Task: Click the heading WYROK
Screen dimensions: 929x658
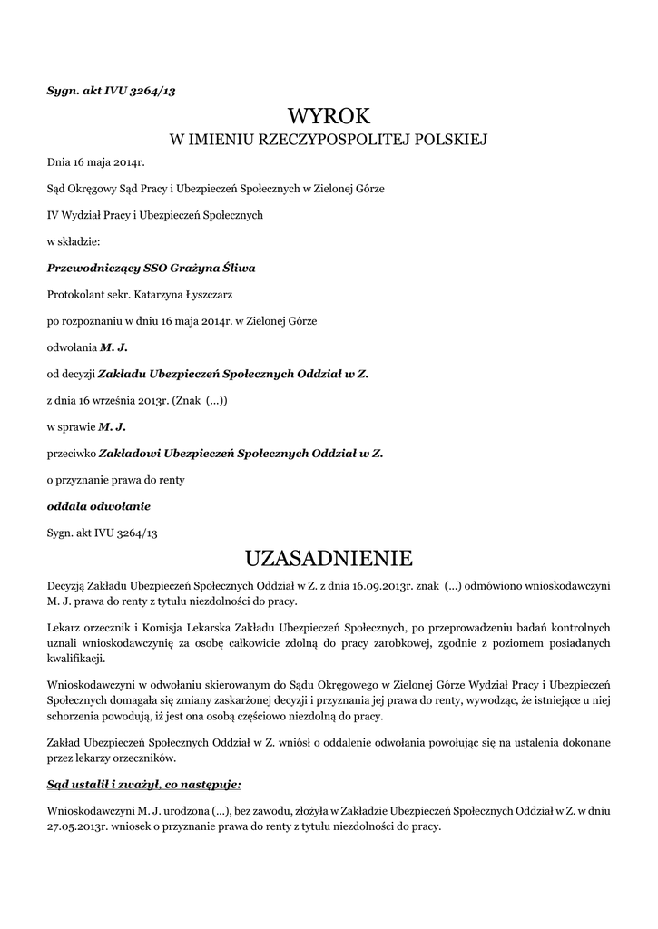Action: [329, 116]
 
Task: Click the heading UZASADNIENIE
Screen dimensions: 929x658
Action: [329, 555]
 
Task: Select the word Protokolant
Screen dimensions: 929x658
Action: [77, 295]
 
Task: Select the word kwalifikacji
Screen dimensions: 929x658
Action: [76, 658]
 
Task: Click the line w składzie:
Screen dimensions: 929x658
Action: [79, 242]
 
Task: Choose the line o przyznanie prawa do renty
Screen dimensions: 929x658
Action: [115, 478]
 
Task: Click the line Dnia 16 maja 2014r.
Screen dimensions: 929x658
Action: [95, 163]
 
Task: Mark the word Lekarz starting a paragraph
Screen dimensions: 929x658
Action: [64, 627]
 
